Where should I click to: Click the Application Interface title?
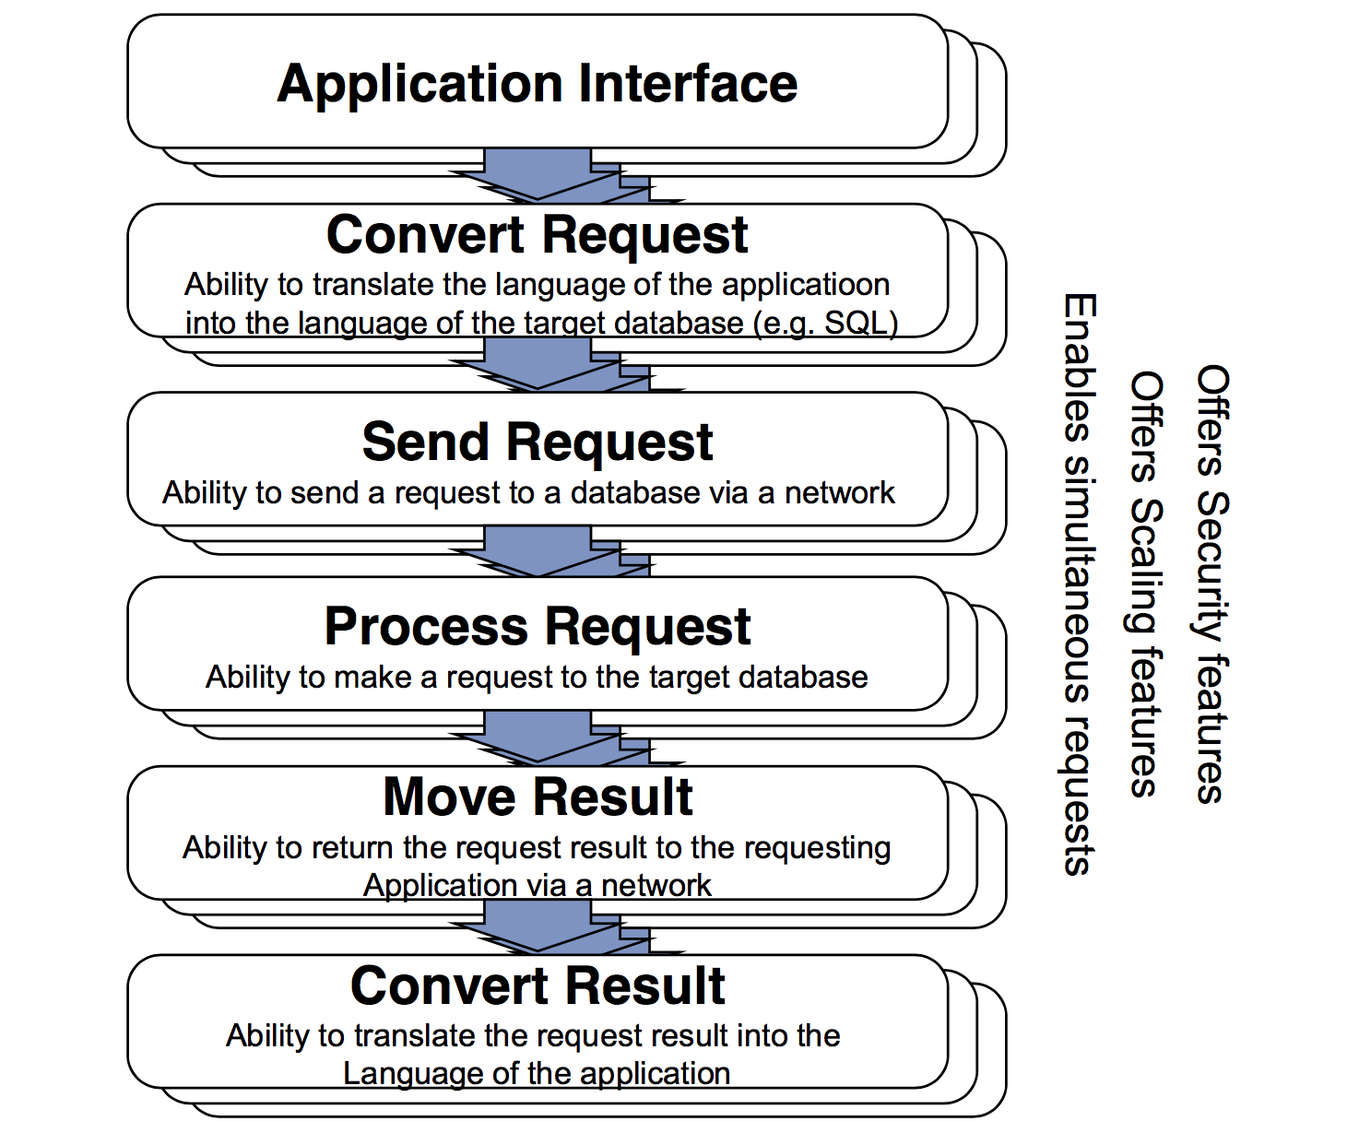point(537,84)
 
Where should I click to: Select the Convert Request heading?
point(537,234)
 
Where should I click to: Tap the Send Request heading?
point(537,442)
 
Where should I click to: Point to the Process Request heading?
point(537,627)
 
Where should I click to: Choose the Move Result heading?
point(537,797)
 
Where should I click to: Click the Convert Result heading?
point(537,986)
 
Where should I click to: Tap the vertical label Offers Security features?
point(1211,584)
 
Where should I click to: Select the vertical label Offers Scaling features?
point(1145,584)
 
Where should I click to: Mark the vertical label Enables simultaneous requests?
point(1079,584)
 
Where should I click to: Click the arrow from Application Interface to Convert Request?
point(538,175)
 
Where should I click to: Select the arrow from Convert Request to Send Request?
point(538,365)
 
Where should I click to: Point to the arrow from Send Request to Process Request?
point(538,551)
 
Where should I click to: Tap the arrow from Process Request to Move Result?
point(538,737)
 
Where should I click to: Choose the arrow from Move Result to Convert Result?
point(538,926)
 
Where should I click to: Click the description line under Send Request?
point(528,493)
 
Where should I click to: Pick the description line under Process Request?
point(537,678)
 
